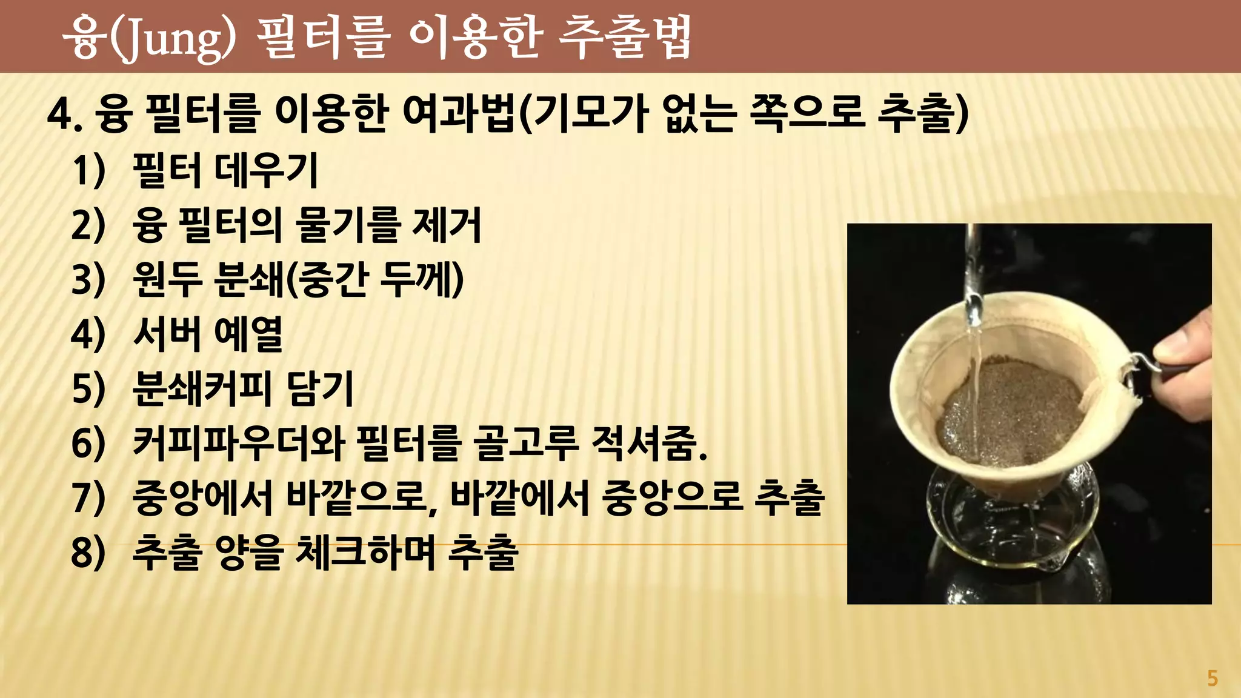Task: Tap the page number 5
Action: tap(1212, 678)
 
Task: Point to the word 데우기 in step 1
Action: tap(267, 170)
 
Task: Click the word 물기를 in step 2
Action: tap(348, 225)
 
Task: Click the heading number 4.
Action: tap(64, 114)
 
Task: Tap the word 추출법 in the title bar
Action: tap(625, 38)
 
